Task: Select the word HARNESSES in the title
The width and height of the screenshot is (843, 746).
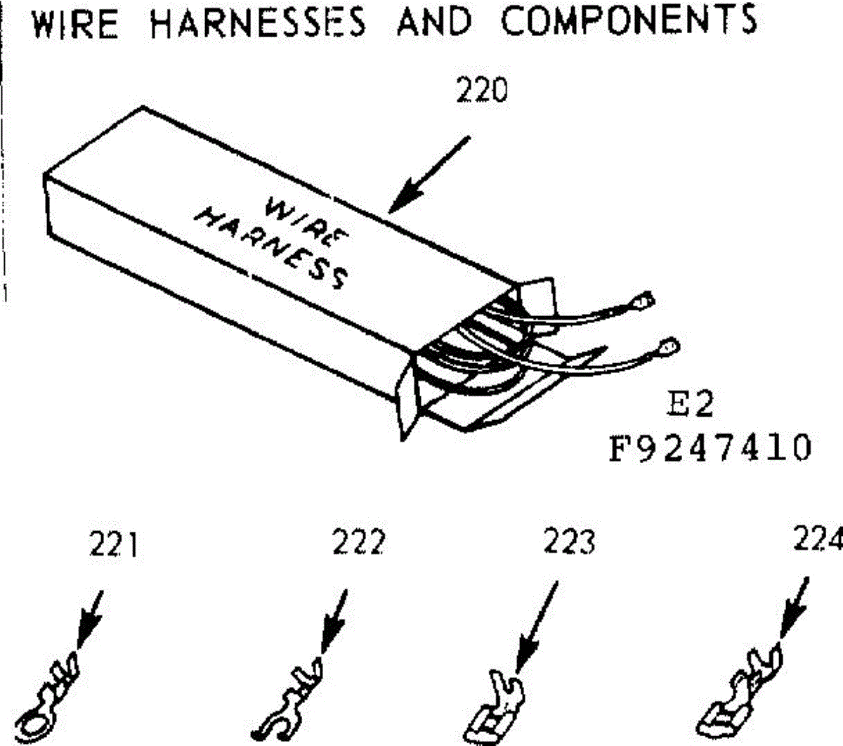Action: (x=258, y=21)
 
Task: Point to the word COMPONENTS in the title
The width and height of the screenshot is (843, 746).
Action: (x=629, y=19)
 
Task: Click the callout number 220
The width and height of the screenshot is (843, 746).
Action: (x=481, y=91)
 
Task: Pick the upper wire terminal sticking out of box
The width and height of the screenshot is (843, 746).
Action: (x=641, y=302)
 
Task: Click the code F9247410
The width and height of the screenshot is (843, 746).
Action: (x=710, y=447)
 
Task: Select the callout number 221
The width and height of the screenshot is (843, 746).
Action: (x=114, y=545)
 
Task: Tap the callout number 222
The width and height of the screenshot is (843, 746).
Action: (x=359, y=542)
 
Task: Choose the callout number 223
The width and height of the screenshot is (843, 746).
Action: (x=569, y=542)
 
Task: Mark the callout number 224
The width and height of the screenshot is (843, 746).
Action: (x=818, y=539)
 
